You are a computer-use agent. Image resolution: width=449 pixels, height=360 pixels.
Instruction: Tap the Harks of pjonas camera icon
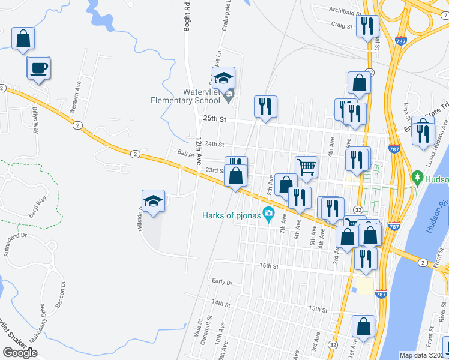[x=268, y=213]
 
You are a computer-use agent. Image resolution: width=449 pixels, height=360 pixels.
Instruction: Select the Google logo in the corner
[x=20, y=352]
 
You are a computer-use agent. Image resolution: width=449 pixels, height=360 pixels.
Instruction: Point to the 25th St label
[x=214, y=119]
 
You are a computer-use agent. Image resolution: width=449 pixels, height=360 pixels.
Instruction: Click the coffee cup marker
[x=38, y=68]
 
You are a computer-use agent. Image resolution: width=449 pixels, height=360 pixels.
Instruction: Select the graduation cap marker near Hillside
[x=153, y=202]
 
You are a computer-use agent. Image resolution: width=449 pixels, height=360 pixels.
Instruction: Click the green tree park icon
[x=417, y=178]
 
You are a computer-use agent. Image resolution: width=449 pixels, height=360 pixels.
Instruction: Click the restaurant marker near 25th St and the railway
[x=265, y=107]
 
